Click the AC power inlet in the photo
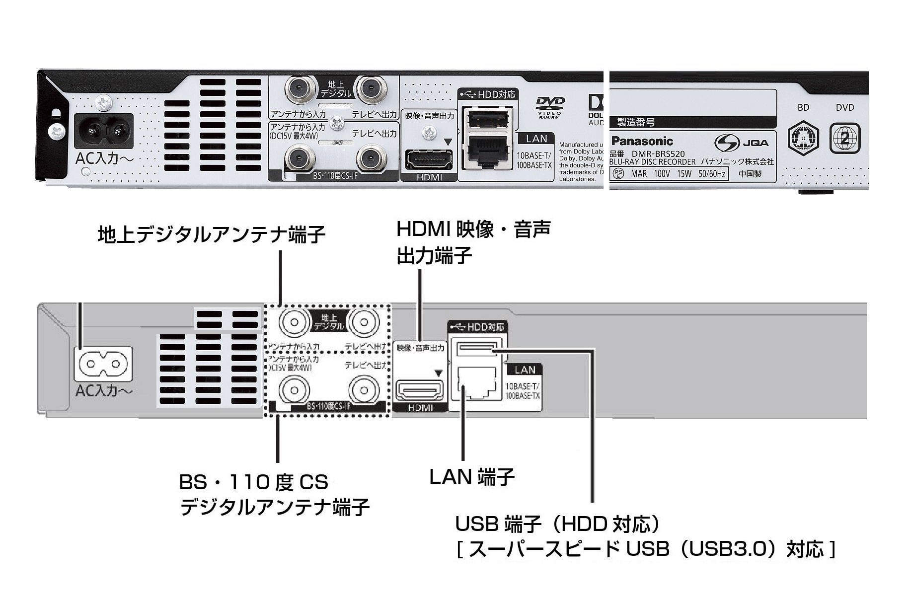pos(104,131)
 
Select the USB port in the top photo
pos(488,119)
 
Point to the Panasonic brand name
pos(642,141)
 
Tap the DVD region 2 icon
pos(844,139)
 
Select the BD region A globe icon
pos(803,139)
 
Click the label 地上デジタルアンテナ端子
pos(211,235)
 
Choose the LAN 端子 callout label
pos(471,477)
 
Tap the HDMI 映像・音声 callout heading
pos(473,229)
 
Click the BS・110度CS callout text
pos(253,482)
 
